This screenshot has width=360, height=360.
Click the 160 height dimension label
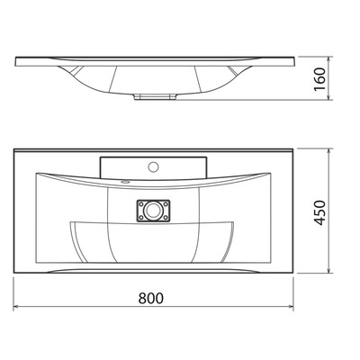click(x=320, y=79)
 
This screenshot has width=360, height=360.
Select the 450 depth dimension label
click(x=320, y=212)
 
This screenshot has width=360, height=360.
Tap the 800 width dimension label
click(x=151, y=299)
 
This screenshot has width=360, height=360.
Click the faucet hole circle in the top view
click(x=154, y=166)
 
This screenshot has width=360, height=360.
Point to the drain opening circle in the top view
click(x=153, y=211)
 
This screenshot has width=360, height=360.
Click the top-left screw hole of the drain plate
click(x=140, y=204)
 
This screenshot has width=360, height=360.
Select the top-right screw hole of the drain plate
click(x=166, y=204)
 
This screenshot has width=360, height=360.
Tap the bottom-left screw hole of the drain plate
click(x=140, y=218)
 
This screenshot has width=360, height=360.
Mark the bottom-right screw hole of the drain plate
click(x=166, y=218)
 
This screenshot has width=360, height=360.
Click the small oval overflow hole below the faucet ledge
click(x=125, y=182)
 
